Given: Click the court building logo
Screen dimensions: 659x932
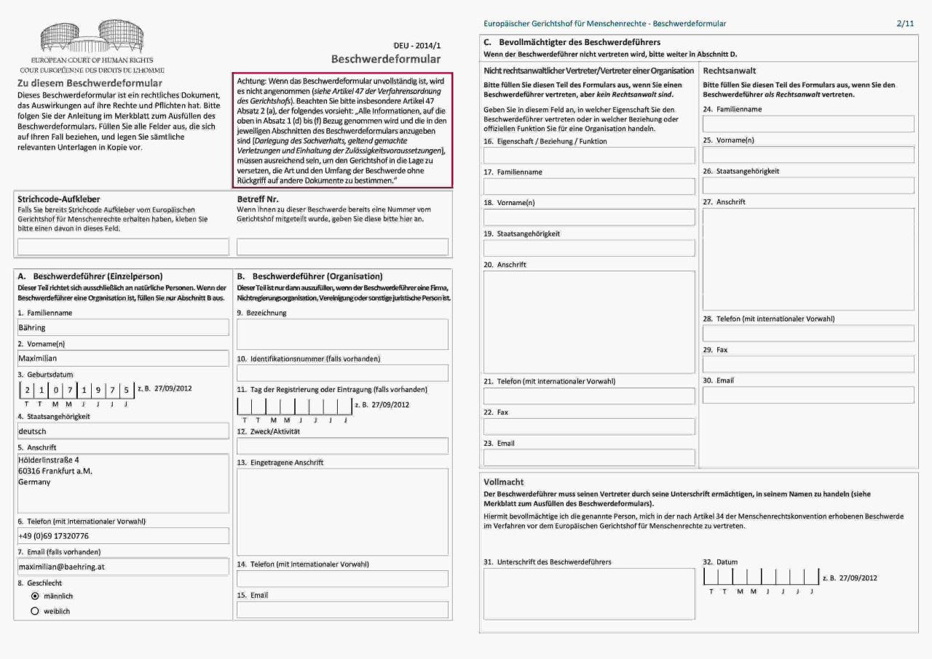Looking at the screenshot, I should (x=92, y=36).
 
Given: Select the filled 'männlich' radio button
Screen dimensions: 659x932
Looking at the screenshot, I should (x=34, y=596).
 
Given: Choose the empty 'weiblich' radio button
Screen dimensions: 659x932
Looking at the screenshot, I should (x=34, y=612).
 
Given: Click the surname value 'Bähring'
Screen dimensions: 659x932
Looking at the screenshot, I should (x=32, y=328).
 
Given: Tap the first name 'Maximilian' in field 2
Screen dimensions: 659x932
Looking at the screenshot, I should (x=38, y=358).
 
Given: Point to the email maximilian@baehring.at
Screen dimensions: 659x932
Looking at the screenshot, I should (x=62, y=566).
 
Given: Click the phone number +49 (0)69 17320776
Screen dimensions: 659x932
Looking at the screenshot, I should (x=53, y=536).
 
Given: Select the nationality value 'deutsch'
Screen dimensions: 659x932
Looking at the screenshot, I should (x=32, y=431).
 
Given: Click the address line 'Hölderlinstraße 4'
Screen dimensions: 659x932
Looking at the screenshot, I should (x=49, y=460).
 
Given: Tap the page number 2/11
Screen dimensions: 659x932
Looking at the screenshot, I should (x=905, y=23).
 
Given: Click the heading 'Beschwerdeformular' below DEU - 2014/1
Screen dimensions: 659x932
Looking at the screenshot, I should (x=386, y=59).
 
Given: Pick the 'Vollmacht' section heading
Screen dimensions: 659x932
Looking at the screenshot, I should (x=504, y=482).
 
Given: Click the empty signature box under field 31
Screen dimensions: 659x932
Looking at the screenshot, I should (x=589, y=594).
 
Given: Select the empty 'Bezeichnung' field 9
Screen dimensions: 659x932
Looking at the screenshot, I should (x=342, y=334).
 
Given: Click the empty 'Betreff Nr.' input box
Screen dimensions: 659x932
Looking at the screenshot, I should (x=342, y=247).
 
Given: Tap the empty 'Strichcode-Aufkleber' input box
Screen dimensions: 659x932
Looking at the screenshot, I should (x=122, y=247).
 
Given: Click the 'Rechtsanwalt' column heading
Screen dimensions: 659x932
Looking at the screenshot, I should (x=730, y=71).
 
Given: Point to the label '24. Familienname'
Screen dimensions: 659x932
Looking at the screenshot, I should (x=732, y=109).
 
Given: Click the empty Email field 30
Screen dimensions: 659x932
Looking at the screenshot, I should (x=808, y=395).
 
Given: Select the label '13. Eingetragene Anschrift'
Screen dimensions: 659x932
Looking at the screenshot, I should (x=280, y=463).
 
